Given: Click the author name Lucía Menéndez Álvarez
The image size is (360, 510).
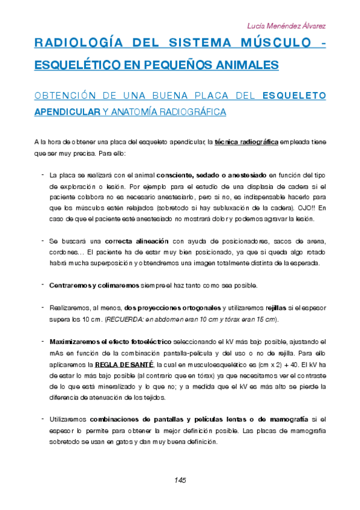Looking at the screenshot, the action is click(287, 26).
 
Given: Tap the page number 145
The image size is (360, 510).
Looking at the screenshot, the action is click(180, 480).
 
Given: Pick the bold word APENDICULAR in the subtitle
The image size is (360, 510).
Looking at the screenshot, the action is click(67, 112).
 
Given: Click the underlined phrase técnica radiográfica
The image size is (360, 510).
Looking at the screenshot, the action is click(246, 143).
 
